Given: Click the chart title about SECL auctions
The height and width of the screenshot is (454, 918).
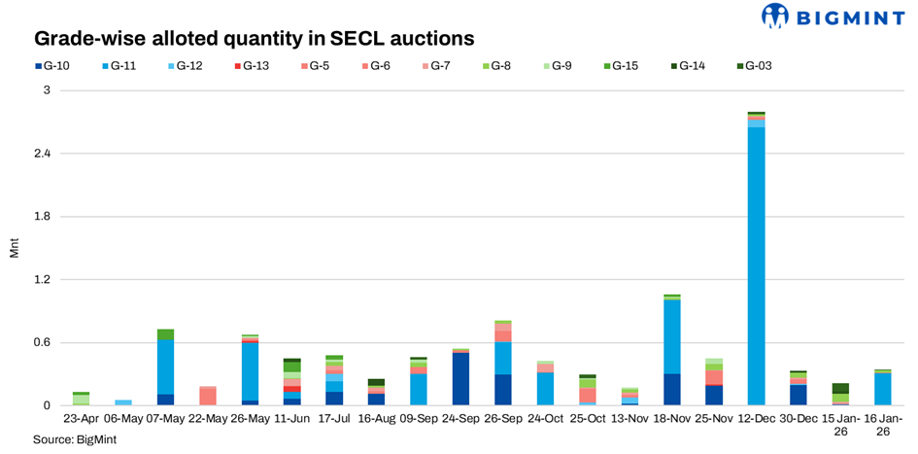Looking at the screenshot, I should coord(254,39).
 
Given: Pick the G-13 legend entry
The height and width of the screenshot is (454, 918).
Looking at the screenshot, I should coord(255,66).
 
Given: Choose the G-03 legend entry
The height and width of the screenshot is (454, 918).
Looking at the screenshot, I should coord(754,66).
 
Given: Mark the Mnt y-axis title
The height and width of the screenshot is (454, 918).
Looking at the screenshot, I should coord(14,248).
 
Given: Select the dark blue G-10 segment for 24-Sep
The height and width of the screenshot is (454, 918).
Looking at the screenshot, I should coord(461,379).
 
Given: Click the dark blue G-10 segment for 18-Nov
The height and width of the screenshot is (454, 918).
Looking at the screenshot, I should coord(672,389).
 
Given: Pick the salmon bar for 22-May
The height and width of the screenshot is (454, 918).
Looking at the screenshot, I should coord(208,397).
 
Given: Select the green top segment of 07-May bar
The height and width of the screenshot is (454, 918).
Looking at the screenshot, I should coord(165,334).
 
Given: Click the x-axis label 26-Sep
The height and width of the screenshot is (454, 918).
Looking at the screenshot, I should coord(503,419).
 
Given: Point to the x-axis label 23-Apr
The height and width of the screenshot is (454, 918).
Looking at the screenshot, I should coord(81,419).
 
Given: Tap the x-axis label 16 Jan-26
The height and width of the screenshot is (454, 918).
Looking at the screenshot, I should coord(882,425).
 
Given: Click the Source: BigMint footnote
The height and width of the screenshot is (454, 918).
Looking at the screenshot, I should coord(66,440).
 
